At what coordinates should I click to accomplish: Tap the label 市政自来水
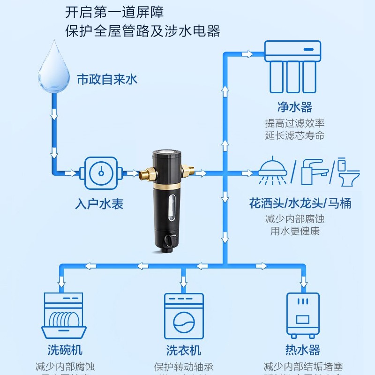coord(107,79)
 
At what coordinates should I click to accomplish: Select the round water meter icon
coord(101,173)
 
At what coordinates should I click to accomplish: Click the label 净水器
coord(294,107)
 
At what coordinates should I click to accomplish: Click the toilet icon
coord(346,172)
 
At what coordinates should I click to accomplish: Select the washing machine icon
coord(184,317)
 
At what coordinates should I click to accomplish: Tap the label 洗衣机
coord(184,350)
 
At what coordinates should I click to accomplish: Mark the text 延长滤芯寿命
coord(294,136)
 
